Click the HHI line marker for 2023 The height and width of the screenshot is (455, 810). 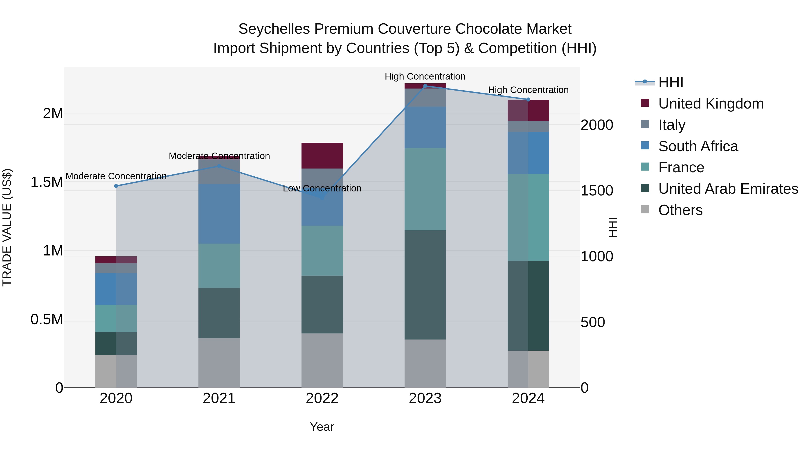pyautogui.click(x=425, y=86)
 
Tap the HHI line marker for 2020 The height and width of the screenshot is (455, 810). pyautogui.click(x=116, y=186)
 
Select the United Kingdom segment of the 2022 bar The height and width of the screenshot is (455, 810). pyautogui.click(x=322, y=155)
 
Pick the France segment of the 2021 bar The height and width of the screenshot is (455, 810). pyautogui.click(x=219, y=266)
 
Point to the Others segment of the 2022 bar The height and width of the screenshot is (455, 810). pyautogui.click(x=322, y=360)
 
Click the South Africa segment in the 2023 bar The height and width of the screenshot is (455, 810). pyautogui.click(x=425, y=127)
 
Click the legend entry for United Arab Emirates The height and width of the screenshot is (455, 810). pyautogui.click(x=728, y=189)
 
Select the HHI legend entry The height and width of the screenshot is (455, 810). pyautogui.click(x=670, y=82)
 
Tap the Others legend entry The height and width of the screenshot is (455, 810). pyautogui.click(x=680, y=210)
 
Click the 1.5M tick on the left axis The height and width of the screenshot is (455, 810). pyautogui.click(x=47, y=182)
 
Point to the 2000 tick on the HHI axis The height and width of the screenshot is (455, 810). pyautogui.click(x=596, y=125)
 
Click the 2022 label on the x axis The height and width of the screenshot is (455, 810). pyautogui.click(x=322, y=398)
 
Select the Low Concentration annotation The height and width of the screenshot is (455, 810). pyautogui.click(x=322, y=189)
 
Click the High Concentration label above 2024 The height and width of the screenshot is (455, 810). pyautogui.click(x=528, y=90)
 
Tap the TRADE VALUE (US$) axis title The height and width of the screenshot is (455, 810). pyautogui.click(x=7, y=227)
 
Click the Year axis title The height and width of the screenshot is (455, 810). pyautogui.click(x=322, y=427)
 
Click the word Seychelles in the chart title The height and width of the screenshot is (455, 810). pyautogui.click(x=274, y=29)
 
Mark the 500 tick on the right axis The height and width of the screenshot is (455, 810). pyautogui.click(x=592, y=322)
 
